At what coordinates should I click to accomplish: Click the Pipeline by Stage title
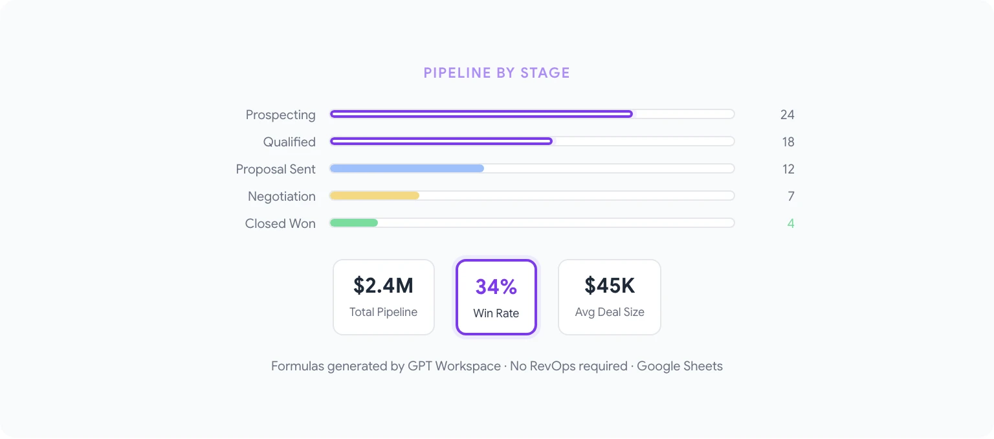pyautogui.click(x=496, y=73)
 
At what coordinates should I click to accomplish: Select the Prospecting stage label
pyautogui.click(x=280, y=115)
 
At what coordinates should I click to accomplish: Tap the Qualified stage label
pyautogui.click(x=289, y=142)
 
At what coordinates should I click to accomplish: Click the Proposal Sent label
pyautogui.click(x=276, y=169)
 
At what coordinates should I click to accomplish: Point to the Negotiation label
pyautogui.click(x=282, y=196)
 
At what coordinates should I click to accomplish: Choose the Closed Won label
pyautogui.click(x=280, y=223)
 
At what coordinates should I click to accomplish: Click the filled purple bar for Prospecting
pyautogui.click(x=481, y=114)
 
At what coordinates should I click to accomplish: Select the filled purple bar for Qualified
pyautogui.click(x=441, y=141)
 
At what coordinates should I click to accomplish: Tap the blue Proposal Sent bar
pyautogui.click(x=406, y=168)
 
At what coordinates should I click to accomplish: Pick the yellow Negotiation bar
pyautogui.click(x=374, y=196)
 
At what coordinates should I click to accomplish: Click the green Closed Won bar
pyautogui.click(x=353, y=223)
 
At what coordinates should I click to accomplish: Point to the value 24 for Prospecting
pyautogui.click(x=787, y=115)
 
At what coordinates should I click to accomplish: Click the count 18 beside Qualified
pyautogui.click(x=788, y=142)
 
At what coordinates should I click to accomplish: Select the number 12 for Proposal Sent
pyautogui.click(x=788, y=169)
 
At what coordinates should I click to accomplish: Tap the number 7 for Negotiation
pyautogui.click(x=791, y=196)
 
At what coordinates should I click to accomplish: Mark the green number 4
pyautogui.click(x=791, y=223)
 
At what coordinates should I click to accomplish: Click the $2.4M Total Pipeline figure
pyautogui.click(x=383, y=286)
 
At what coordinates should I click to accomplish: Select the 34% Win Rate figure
pyautogui.click(x=496, y=287)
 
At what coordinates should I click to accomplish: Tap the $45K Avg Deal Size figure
pyautogui.click(x=610, y=286)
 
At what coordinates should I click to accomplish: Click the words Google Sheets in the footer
pyautogui.click(x=679, y=366)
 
